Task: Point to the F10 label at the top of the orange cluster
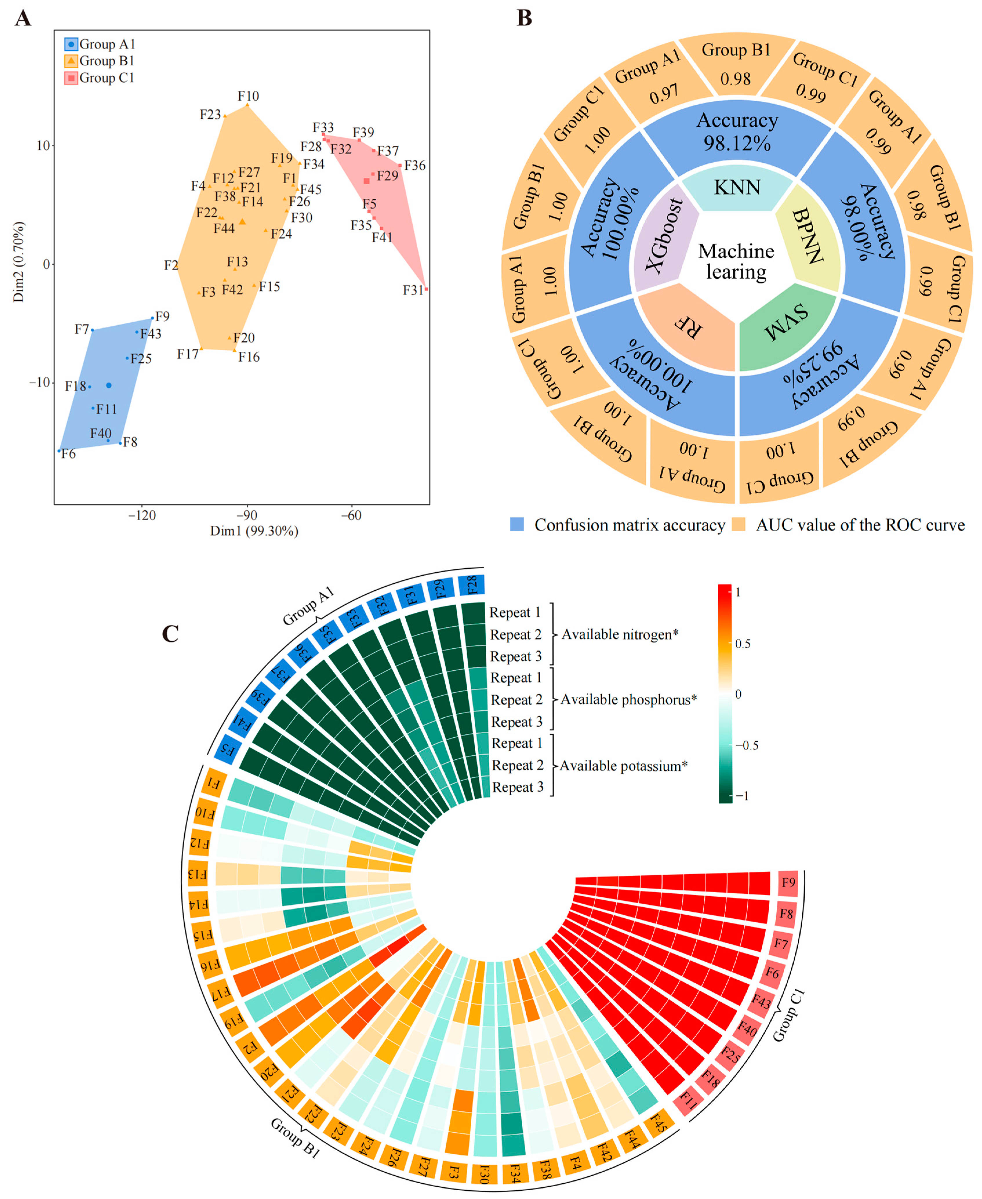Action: tap(248, 96)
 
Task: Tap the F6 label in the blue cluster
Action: tap(68, 454)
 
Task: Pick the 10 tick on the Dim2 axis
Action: tap(43, 146)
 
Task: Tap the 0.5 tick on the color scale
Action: tap(743, 643)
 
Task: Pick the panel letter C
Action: tap(170, 634)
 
